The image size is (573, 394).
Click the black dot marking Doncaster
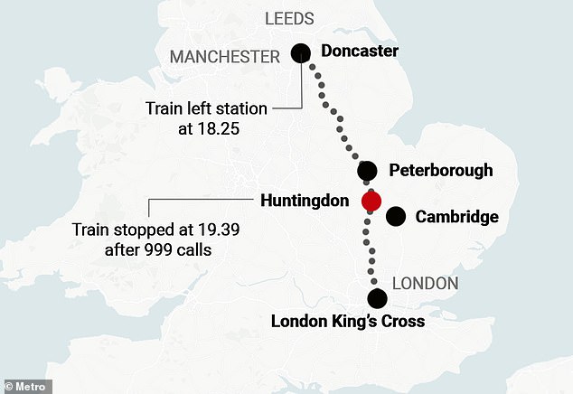click(301, 52)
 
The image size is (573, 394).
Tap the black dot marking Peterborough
click(367, 171)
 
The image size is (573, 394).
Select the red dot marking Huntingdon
click(371, 201)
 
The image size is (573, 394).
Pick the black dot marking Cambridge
click(396, 217)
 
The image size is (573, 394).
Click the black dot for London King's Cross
click(377, 299)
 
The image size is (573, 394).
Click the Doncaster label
click(360, 52)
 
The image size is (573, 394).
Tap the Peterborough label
click(440, 171)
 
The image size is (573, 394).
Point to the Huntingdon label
click(304, 201)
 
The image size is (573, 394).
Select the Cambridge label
click(456, 217)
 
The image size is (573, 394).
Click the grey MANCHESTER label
click(225, 57)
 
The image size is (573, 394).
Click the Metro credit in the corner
click(26, 386)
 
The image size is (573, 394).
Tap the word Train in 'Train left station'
click(164, 108)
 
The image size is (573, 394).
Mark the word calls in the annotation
click(193, 249)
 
